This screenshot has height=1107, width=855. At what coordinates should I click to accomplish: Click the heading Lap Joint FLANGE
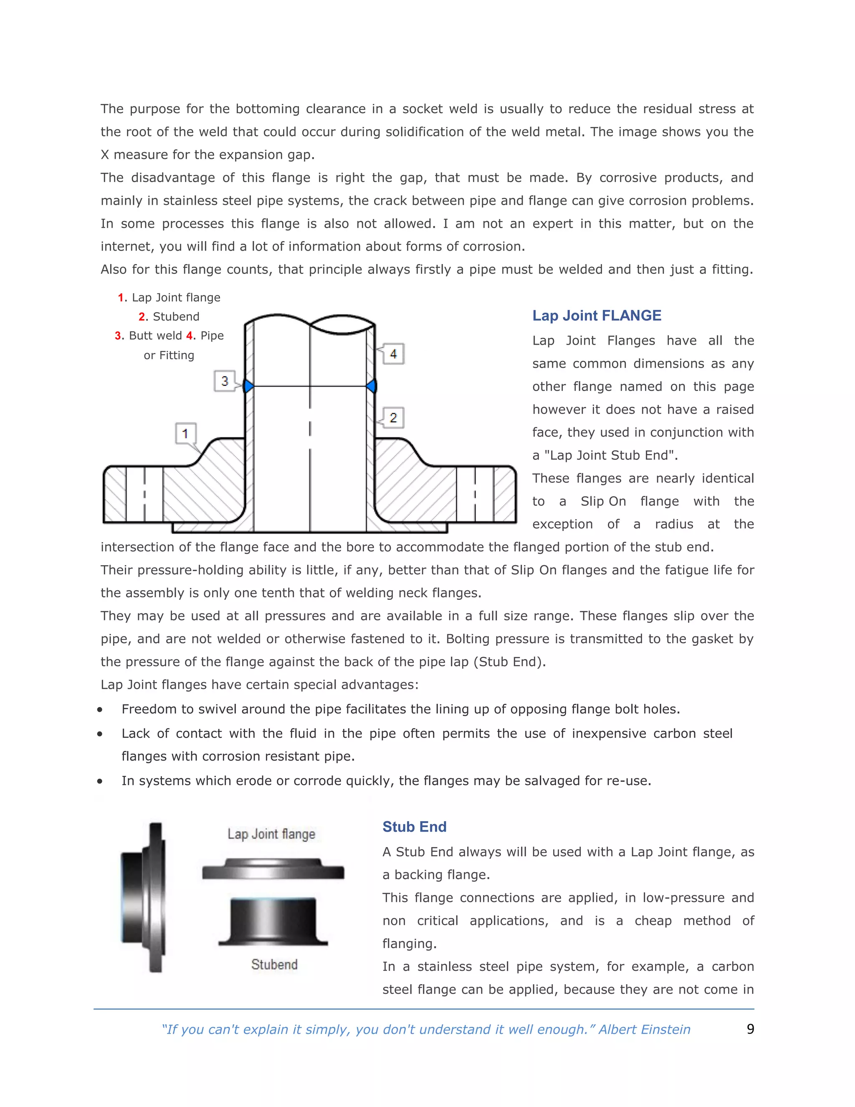point(596,315)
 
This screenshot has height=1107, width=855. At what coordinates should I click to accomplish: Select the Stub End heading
point(414,827)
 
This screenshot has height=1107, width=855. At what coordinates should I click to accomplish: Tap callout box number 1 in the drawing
point(185,433)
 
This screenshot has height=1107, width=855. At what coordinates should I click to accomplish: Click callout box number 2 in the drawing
point(393,418)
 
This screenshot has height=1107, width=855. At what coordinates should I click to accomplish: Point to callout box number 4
point(393,354)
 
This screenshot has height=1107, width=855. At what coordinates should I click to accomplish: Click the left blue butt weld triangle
point(248,386)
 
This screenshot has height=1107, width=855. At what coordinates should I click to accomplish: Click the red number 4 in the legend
point(190,335)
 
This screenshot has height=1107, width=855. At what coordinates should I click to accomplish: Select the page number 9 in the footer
point(750,1029)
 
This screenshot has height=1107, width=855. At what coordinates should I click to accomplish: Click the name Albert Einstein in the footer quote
point(644,1029)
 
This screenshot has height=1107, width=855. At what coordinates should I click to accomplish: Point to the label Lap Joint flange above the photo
point(271,834)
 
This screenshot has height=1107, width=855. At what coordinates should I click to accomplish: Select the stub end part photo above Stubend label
point(273,922)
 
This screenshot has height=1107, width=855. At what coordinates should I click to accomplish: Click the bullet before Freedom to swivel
point(100,710)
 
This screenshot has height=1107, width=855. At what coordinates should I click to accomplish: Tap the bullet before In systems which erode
point(100,781)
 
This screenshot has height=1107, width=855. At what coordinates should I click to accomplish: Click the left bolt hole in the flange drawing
point(144,494)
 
